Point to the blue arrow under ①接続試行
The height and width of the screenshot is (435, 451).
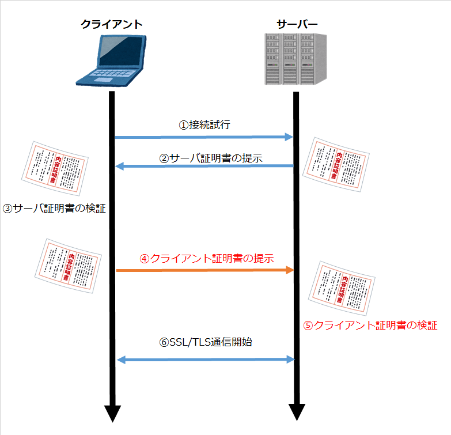pos(204,137)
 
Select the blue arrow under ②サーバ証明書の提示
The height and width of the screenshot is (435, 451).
pos(204,167)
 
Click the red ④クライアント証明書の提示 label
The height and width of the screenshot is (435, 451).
pos(206,258)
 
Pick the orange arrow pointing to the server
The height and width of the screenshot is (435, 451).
pos(204,270)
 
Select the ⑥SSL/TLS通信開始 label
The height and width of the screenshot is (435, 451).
pos(206,342)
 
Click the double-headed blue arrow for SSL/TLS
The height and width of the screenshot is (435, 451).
pos(204,360)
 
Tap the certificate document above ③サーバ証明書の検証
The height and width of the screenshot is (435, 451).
pos(54,167)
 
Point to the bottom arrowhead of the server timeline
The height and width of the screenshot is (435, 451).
pos(297,413)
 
